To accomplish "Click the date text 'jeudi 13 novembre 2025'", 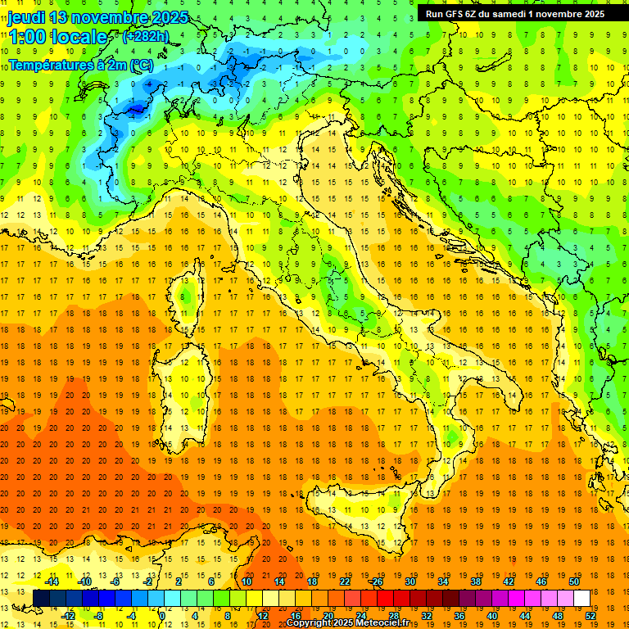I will pyautogui.click(x=98, y=17).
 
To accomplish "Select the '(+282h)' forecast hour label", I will pyautogui.click(x=146, y=37).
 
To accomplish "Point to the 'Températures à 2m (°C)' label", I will pyautogui.click(x=80, y=64).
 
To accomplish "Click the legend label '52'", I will pyautogui.click(x=591, y=616).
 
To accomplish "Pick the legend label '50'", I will pyautogui.click(x=573, y=581).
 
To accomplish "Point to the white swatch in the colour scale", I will pyautogui.click(x=581, y=599).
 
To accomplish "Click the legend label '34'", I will pyautogui.click(x=443, y=581).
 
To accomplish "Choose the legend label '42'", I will pyautogui.click(x=509, y=581).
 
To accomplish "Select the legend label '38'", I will pyautogui.click(x=476, y=581).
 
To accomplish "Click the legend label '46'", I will pyautogui.click(x=541, y=581).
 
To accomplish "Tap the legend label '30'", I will pyautogui.click(x=410, y=581).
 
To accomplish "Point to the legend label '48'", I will pyautogui.click(x=558, y=616).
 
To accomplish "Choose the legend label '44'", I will pyautogui.click(x=525, y=616).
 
